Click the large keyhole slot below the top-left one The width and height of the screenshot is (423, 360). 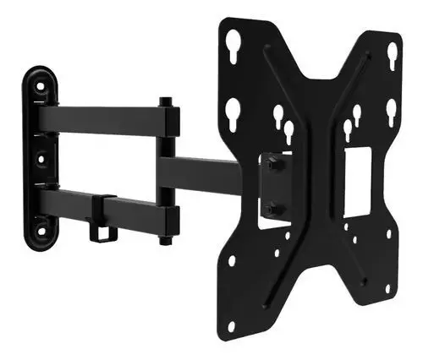click(x=233, y=111)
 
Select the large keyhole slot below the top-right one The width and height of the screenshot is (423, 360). click(x=391, y=112)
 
